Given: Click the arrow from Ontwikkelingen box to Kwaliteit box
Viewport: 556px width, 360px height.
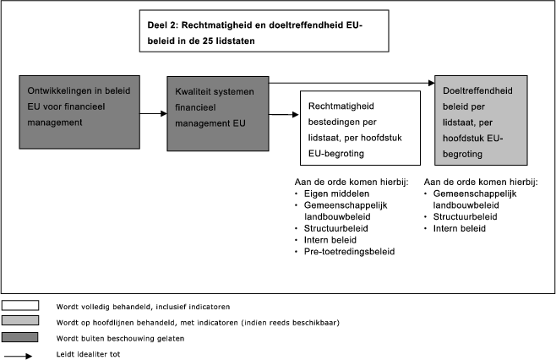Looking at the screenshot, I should (151, 112).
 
